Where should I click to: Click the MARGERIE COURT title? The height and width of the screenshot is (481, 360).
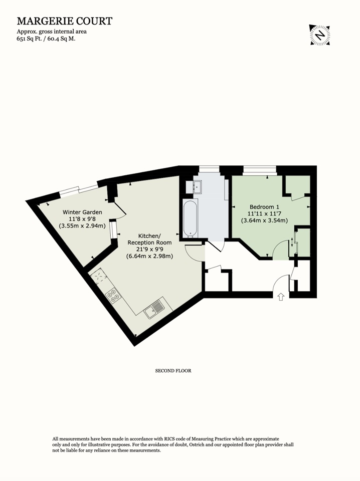click(x=65, y=21)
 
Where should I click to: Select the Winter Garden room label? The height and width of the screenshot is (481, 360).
click(x=82, y=212)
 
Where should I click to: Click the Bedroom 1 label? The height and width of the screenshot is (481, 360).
click(x=264, y=207)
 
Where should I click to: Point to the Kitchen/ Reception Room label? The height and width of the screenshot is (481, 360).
click(x=150, y=239)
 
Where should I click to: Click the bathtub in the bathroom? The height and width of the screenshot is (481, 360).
click(x=189, y=219)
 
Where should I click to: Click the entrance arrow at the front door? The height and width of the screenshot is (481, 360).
click(x=280, y=297)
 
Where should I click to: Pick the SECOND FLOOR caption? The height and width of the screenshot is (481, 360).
click(x=173, y=371)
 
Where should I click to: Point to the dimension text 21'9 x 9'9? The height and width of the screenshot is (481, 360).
click(x=150, y=250)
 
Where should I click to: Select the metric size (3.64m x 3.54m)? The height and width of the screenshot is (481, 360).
click(x=264, y=220)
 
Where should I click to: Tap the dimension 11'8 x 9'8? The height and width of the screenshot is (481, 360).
click(x=82, y=219)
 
